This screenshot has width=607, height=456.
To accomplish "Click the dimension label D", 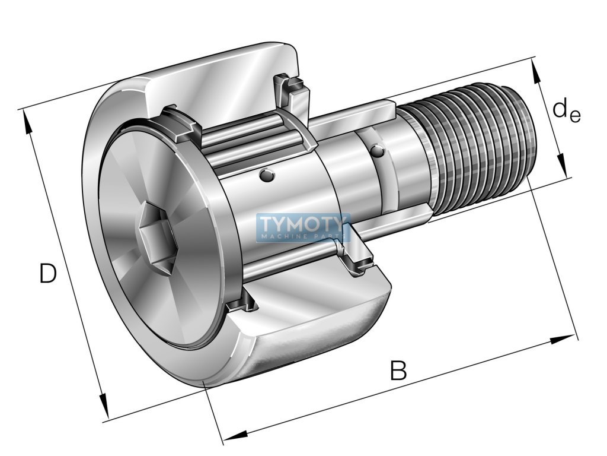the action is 48,274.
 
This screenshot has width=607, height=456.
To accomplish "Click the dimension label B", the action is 398,371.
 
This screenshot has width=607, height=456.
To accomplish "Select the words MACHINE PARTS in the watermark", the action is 302,236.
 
